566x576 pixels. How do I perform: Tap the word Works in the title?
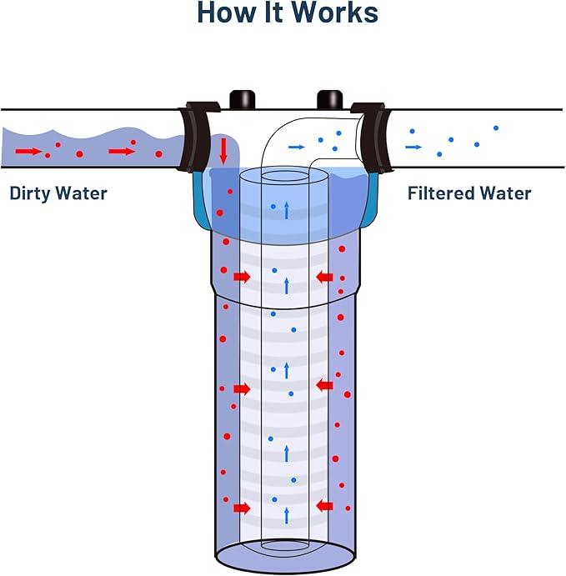333,13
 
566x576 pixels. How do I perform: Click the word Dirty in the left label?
34,193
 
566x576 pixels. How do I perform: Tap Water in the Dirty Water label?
86,193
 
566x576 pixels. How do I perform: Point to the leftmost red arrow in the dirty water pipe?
28,151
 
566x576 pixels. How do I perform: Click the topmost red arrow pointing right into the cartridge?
242,276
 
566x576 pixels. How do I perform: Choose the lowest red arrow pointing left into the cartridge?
325,505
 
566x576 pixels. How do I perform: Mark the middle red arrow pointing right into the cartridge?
242,388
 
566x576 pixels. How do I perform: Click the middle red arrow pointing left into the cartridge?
325,385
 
